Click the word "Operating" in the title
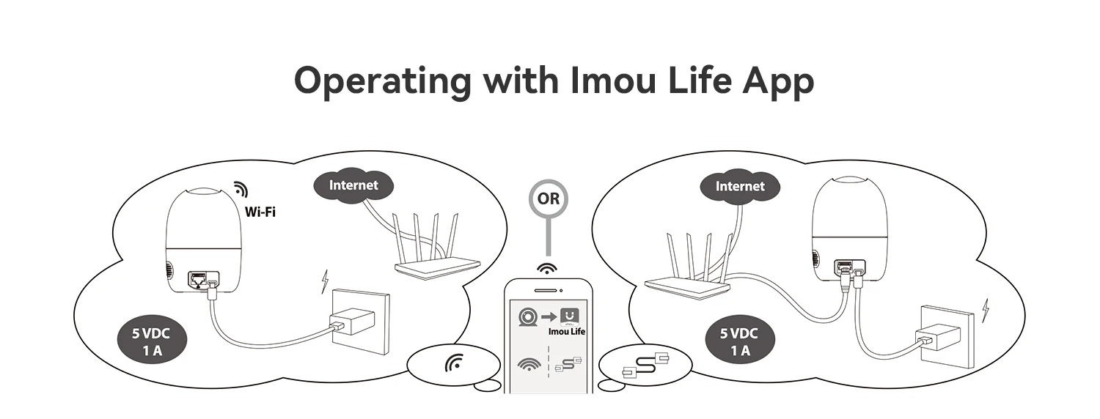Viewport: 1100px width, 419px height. click(x=382, y=81)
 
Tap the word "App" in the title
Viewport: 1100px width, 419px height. click(x=778, y=81)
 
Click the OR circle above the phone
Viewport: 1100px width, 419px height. click(x=548, y=199)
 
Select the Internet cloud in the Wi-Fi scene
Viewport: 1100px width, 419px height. click(x=353, y=185)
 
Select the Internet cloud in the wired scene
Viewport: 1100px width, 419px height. click(x=739, y=186)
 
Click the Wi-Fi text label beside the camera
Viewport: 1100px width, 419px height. click(x=260, y=212)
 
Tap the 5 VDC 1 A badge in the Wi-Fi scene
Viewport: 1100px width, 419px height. click(x=152, y=341)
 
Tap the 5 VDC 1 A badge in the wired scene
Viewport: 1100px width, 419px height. click(x=739, y=341)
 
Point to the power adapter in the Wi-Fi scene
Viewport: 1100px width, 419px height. click(x=352, y=323)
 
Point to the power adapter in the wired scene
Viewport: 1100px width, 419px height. click(x=937, y=338)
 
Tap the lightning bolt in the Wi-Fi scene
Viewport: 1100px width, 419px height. click(x=325, y=281)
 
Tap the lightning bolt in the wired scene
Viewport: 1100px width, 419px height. click(x=985, y=310)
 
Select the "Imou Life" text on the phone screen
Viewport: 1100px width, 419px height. click(x=567, y=332)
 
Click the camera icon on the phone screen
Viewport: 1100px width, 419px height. click(x=528, y=316)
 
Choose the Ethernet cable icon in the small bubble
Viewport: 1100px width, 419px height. click(x=645, y=365)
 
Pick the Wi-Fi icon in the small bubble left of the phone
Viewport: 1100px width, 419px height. click(x=454, y=363)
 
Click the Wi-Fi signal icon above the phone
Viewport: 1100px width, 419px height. click(x=546, y=268)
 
